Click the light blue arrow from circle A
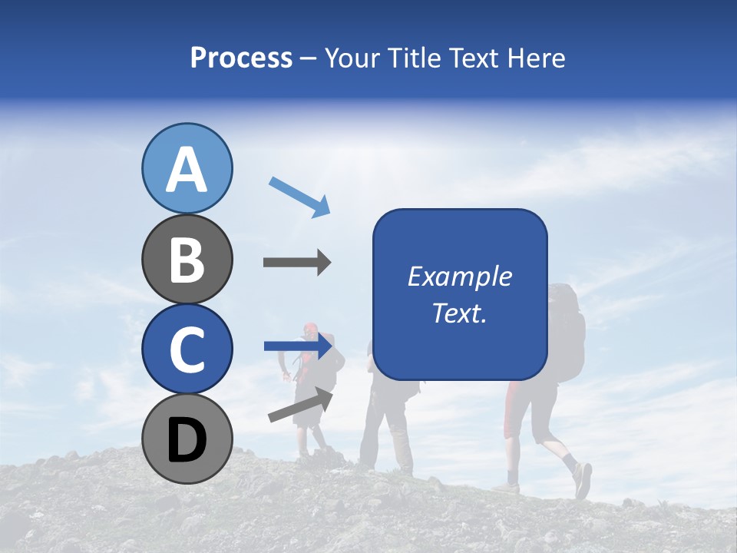299,196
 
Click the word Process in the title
241,58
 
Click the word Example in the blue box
460,276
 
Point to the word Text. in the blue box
460,313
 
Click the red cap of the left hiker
309,329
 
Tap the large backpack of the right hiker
567,330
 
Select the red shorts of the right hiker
519,411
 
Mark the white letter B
187,260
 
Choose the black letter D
187,440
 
